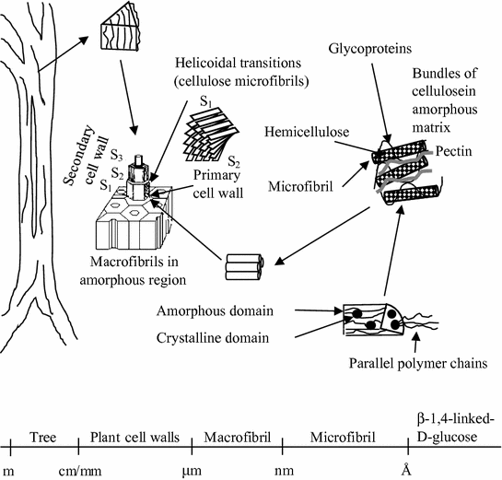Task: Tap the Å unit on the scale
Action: click(404, 470)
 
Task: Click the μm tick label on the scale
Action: click(192, 470)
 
